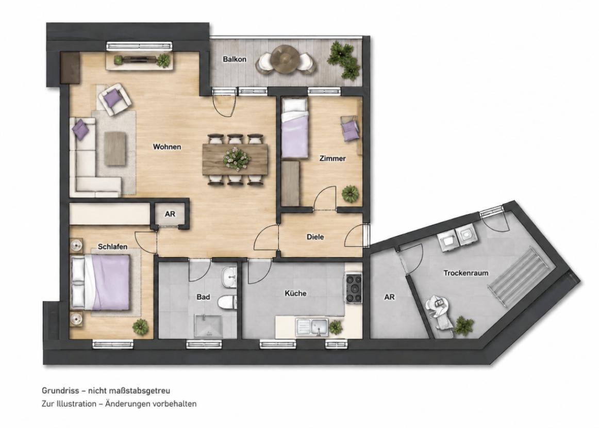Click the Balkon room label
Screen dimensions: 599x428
[235, 59]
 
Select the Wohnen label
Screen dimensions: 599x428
[167, 147]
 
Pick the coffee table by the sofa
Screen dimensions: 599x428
[115, 149]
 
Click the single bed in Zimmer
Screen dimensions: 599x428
[295, 128]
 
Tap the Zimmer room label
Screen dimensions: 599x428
[332, 158]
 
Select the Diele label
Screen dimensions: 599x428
[315, 237]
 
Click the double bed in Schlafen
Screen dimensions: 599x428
[101, 283]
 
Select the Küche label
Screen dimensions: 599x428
[296, 293]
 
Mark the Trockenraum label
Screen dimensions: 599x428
[465, 273]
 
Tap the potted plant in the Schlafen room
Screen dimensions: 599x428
[140, 327]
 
